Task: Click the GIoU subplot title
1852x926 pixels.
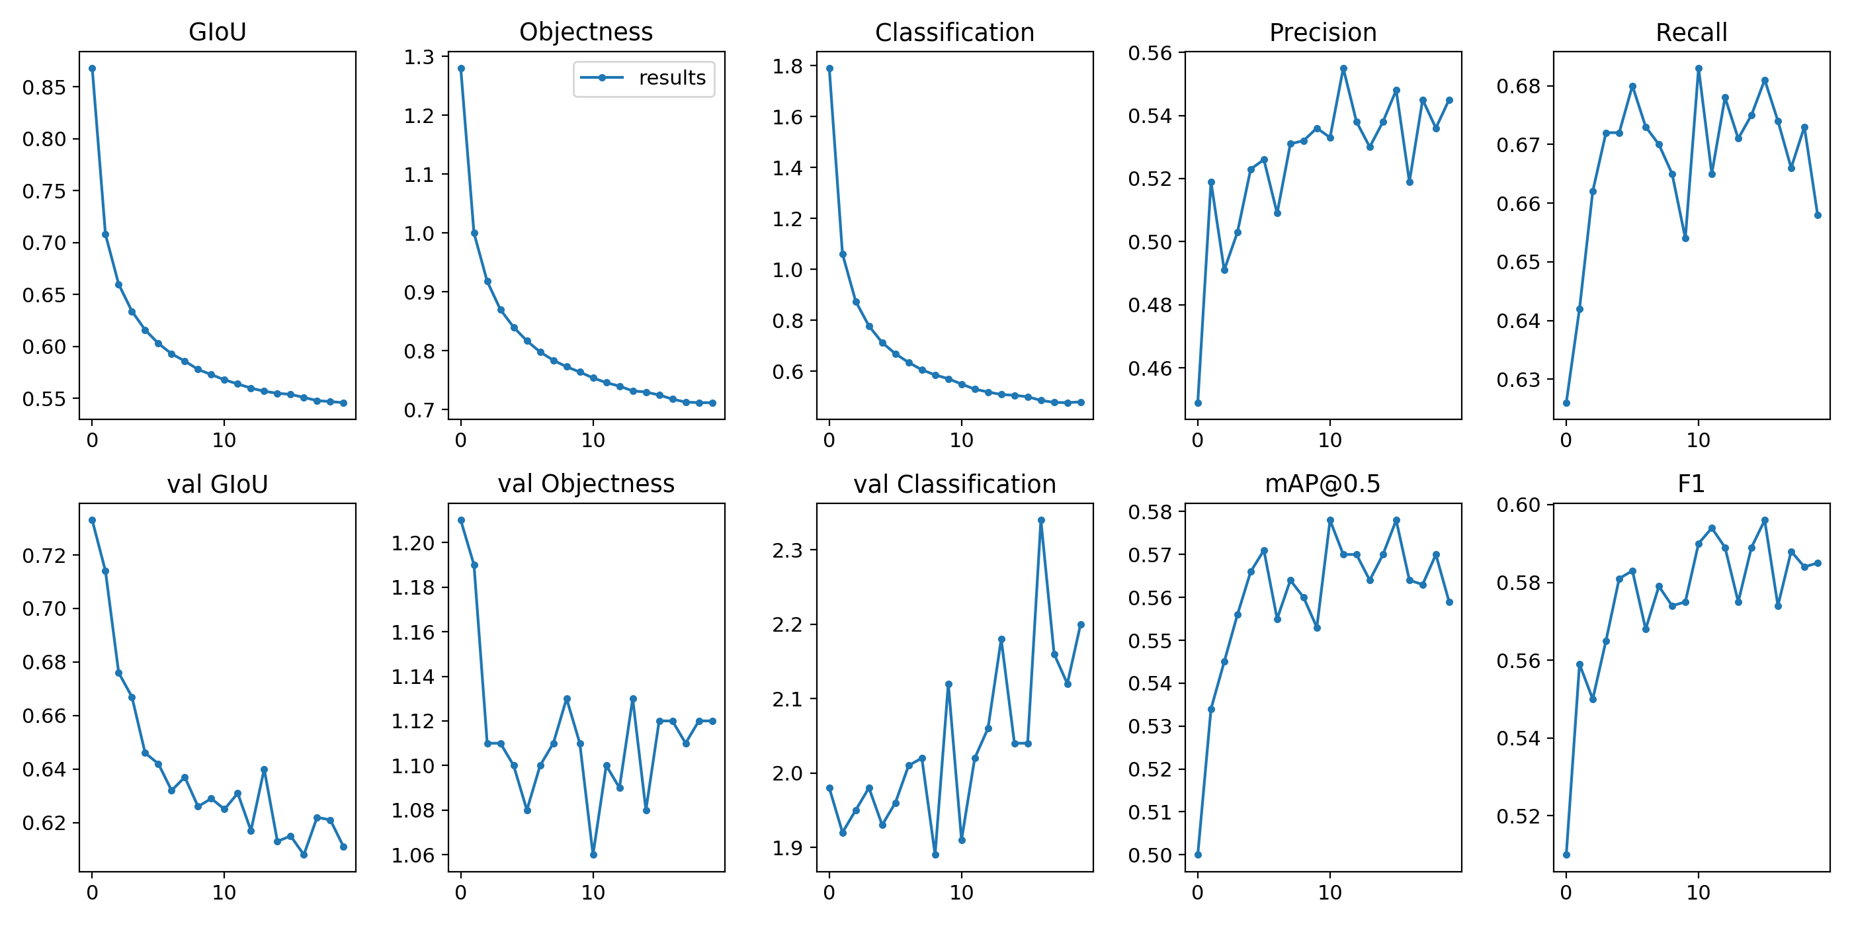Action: click(217, 32)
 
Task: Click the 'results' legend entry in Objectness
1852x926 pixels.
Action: click(671, 77)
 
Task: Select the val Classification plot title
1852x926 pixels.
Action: click(954, 484)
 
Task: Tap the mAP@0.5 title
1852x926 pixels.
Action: click(1323, 484)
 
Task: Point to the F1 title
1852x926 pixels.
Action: click(1691, 484)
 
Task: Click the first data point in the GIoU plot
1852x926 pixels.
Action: click(92, 68)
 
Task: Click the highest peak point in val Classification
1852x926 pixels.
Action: click(1041, 520)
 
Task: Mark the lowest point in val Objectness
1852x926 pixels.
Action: click(593, 855)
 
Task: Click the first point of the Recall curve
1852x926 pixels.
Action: click(1566, 403)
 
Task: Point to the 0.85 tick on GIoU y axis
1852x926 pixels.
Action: click(44, 88)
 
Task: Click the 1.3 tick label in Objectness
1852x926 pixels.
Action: click(419, 57)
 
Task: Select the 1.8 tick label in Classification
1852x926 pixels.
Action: click(787, 66)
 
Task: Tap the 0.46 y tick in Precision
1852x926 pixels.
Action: click(1150, 369)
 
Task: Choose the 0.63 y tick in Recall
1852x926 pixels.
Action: click(1519, 380)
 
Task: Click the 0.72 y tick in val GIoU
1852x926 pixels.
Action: click(44, 556)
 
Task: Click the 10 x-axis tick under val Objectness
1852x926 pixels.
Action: click(593, 893)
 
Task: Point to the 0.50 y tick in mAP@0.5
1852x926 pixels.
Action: click(1150, 855)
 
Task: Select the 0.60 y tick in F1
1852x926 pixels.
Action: click(1519, 505)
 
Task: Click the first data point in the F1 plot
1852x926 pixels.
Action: click(1566, 855)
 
